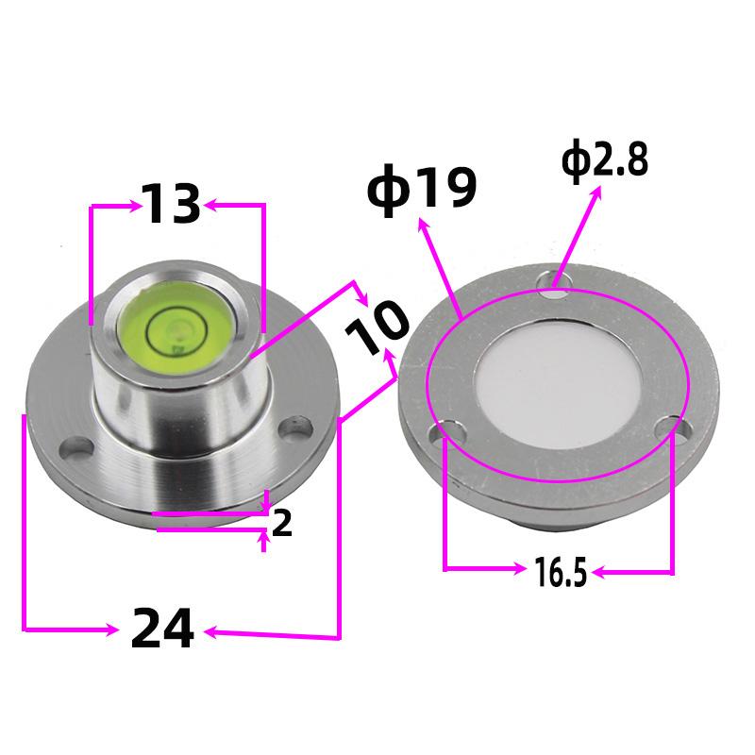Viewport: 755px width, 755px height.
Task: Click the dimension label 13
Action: (x=172, y=204)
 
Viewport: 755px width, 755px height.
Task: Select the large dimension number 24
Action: (x=162, y=628)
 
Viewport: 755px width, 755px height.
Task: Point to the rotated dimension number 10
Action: (x=376, y=327)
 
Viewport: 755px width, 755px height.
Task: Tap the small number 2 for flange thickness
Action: (x=281, y=524)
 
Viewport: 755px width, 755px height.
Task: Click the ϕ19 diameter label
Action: (x=421, y=189)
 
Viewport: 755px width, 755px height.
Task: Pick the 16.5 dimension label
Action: (x=561, y=572)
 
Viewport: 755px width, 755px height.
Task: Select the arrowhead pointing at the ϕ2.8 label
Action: (x=597, y=193)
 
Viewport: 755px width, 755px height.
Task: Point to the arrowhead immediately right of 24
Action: (x=212, y=633)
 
